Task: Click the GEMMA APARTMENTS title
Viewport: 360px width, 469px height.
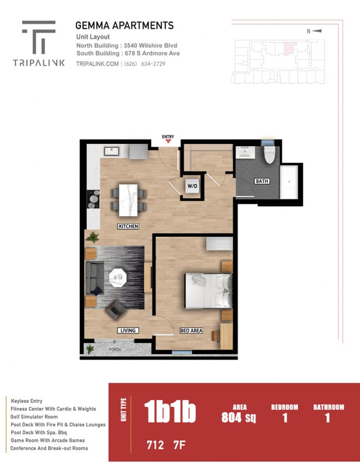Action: pos(124,26)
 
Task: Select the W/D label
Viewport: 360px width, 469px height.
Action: pos(192,187)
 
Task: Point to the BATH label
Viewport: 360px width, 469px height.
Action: pos(261,181)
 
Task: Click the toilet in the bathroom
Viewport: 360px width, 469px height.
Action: pos(269,154)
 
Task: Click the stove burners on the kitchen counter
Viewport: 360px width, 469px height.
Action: pos(93,199)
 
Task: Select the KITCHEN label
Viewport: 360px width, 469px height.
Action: pos(128,226)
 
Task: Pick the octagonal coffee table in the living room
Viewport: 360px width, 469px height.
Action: pos(118,276)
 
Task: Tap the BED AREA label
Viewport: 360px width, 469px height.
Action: pos(191,331)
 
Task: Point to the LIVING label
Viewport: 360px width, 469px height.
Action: pos(127,331)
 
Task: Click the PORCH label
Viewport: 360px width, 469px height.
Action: pos(116,350)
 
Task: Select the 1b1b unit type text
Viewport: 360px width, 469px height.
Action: pos(170,413)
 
